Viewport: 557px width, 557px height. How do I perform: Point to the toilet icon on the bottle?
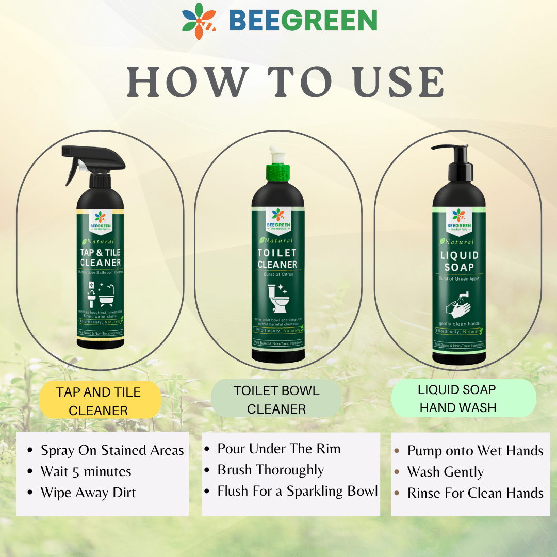click(x=278, y=300)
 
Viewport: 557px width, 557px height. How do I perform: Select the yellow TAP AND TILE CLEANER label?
click(x=99, y=401)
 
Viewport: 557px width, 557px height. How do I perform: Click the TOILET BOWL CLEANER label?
click(x=276, y=400)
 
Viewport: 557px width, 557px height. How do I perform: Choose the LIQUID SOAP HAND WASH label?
click(x=458, y=398)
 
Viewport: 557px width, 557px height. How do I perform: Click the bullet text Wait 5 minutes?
click(x=86, y=471)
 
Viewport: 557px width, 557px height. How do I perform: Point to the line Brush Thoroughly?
click(x=270, y=470)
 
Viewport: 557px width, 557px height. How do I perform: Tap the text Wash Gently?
click(x=445, y=472)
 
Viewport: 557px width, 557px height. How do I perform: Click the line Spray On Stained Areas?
click(x=112, y=450)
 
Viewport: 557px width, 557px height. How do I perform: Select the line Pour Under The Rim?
click(x=278, y=449)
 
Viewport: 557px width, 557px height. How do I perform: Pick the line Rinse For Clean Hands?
click(x=475, y=493)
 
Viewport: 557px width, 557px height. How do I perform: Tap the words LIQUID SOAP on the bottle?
click(x=459, y=261)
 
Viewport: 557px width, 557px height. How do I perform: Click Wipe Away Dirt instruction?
click(x=88, y=493)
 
